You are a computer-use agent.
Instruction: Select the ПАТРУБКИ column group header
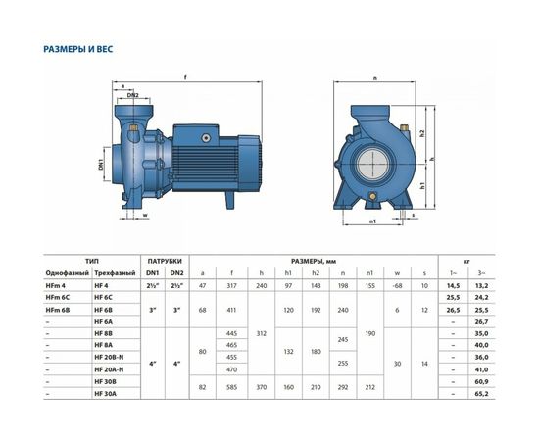[164, 260]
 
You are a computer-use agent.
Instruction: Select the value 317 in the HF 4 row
[232, 283]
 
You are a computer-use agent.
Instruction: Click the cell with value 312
[262, 332]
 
